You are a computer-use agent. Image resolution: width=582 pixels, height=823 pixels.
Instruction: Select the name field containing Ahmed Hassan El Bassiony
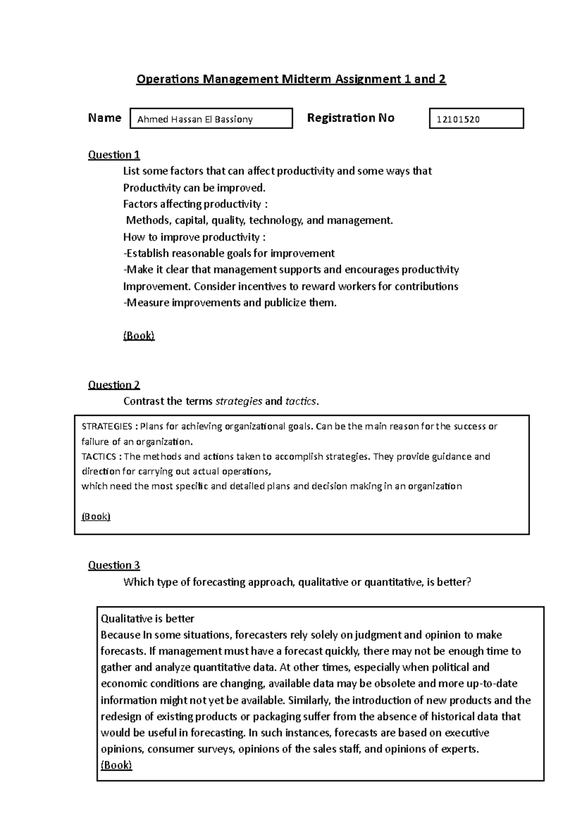coord(211,119)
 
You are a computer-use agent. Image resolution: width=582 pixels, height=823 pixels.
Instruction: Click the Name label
coord(105,118)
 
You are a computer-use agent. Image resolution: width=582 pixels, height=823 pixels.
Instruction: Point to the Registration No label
coord(351,118)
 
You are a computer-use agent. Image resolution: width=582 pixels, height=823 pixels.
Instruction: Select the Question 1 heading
coord(114,155)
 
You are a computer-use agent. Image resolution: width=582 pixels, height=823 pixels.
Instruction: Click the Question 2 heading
coord(114,385)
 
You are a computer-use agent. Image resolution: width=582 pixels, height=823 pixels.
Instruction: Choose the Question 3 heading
coord(114,565)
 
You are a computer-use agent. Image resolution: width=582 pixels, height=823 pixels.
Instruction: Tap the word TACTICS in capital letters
coord(99,457)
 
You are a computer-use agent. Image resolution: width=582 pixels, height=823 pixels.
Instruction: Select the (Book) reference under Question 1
coord(139,335)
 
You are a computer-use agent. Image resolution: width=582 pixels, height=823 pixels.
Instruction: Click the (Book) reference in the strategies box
coord(96,517)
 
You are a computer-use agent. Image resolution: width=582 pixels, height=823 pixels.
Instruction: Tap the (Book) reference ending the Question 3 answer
coord(116,765)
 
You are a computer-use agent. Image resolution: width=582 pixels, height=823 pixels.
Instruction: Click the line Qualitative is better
coord(147,619)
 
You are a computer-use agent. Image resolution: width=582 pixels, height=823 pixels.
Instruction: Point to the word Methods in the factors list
coord(147,221)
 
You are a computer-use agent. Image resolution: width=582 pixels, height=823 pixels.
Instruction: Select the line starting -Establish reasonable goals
coord(229,253)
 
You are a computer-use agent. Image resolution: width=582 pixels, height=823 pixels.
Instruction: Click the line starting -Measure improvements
coord(230,303)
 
